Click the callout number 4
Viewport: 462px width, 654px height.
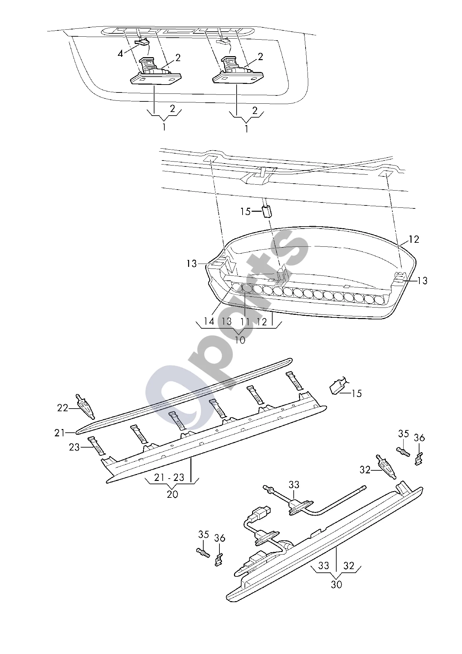point(120,54)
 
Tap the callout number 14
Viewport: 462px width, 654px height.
point(209,321)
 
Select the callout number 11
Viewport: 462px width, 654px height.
point(245,321)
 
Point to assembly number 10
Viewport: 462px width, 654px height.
point(240,340)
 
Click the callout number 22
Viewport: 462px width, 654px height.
point(62,408)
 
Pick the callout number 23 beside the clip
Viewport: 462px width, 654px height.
point(74,447)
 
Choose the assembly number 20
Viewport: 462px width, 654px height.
point(173,494)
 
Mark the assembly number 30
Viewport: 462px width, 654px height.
point(337,584)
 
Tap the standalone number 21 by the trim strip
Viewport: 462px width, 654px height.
point(60,433)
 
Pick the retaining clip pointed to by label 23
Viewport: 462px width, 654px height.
point(97,445)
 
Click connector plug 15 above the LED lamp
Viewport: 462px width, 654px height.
point(267,212)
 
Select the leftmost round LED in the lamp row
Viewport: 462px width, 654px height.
point(237,288)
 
